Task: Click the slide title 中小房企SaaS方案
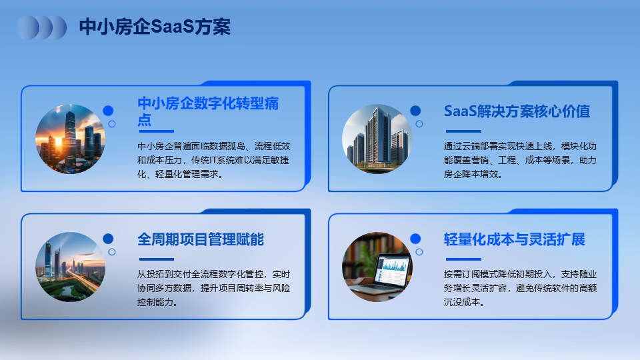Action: coord(155,27)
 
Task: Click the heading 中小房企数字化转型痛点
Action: coord(208,111)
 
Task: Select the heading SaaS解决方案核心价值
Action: coord(517,111)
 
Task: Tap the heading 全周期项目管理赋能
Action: coord(201,239)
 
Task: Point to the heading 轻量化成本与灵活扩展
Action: coord(514,239)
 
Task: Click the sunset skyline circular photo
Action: coord(70,139)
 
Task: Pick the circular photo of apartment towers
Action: coord(377,139)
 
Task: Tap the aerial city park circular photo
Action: coord(70,267)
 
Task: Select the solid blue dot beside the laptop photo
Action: coord(415,239)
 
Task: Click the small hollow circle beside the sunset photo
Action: coord(112,124)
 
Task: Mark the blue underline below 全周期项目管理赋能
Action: coord(156,259)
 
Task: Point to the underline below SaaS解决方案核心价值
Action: coord(463,131)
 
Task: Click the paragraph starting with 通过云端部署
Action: coord(520,160)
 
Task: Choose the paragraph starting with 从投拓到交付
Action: coord(213,288)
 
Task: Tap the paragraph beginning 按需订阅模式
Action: coord(520,288)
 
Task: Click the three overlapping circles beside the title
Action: coord(41,28)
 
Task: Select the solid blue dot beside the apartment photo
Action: coord(415,111)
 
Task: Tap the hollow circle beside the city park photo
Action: coord(112,252)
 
